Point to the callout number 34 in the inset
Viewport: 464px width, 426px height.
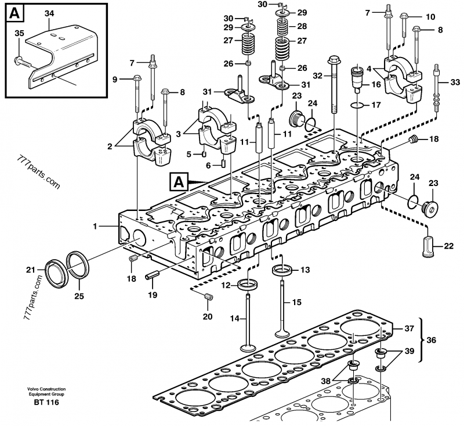click(49, 13)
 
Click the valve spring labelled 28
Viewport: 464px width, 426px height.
click(284, 26)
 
